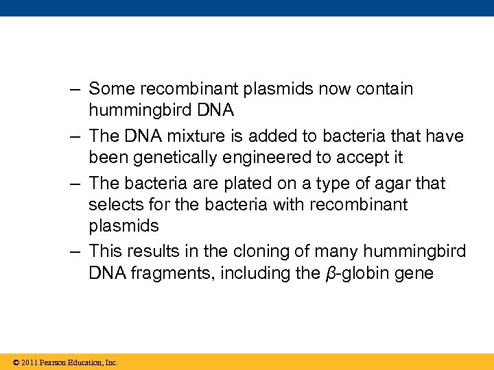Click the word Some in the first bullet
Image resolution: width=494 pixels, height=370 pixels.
[107, 89]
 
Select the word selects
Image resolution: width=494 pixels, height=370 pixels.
[113, 204]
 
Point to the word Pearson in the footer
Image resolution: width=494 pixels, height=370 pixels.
[53, 362]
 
